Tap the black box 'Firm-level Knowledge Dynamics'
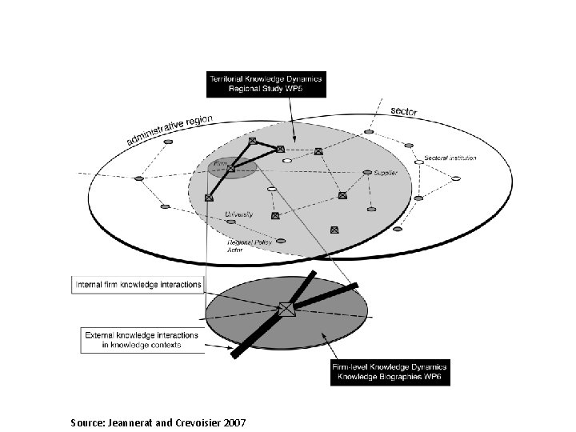[x=390, y=371]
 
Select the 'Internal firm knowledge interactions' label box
[x=138, y=284]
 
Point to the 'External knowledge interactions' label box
[x=142, y=339]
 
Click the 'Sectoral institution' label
[x=450, y=158]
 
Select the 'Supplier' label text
[x=386, y=173]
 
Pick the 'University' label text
[x=239, y=214]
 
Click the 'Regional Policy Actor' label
[x=249, y=245]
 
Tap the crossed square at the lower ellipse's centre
[x=286, y=309]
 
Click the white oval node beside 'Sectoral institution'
[x=418, y=162]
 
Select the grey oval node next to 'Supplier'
[x=367, y=172]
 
